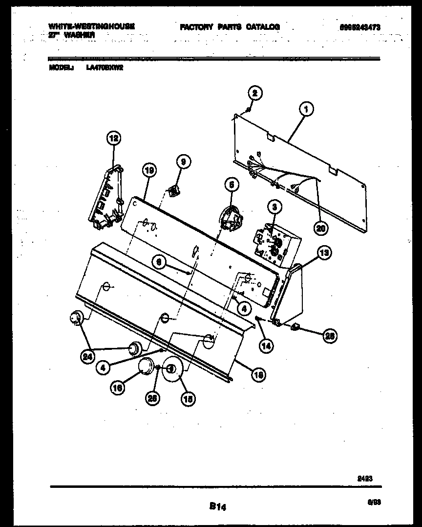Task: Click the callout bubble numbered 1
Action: tap(306, 110)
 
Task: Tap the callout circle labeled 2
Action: tap(254, 93)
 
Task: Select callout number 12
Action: tap(113, 139)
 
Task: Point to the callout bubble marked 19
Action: tap(149, 171)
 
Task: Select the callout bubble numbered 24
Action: tap(87, 357)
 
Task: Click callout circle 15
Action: tap(187, 398)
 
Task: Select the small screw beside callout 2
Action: tap(248, 109)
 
